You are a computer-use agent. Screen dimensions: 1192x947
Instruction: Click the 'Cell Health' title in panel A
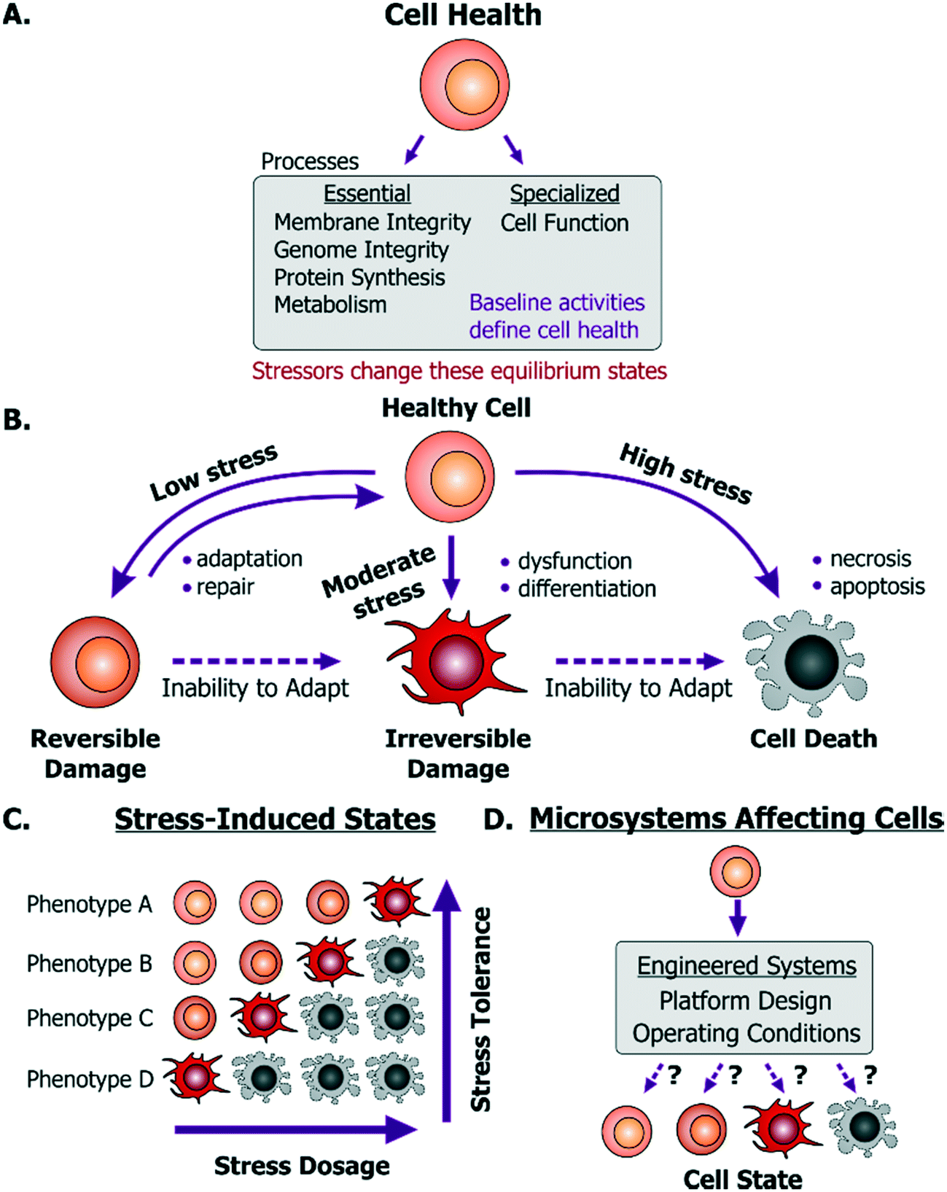(x=463, y=15)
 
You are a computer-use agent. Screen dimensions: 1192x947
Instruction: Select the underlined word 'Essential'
(x=367, y=194)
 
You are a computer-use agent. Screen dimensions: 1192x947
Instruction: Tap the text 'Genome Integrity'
(x=361, y=250)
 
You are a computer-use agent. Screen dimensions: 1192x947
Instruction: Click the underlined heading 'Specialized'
(x=564, y=194)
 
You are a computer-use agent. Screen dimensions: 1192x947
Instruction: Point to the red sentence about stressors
(x=459, y=371)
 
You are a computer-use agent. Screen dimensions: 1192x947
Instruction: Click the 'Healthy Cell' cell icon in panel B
(x=450, y=477)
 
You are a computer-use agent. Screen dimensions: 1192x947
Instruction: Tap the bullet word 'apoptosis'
(x=877, y=587)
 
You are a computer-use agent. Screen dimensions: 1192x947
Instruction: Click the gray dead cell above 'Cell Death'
(x=806, y=663)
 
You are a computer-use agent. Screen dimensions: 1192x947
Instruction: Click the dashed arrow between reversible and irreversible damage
(x=256, y=661)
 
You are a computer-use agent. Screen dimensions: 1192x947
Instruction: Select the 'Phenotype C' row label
(x=90, y=1018)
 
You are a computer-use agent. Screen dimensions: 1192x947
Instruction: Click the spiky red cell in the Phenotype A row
(x=395, y=901)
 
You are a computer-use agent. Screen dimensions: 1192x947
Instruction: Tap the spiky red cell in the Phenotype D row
(x=195, y=1077)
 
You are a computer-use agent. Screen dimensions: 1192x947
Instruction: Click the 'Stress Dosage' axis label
(x=302, y=1166)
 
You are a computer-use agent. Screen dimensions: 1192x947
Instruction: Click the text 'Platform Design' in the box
(x=745, y=1001)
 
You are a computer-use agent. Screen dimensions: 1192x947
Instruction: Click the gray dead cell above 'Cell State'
(x=863, y=1128)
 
